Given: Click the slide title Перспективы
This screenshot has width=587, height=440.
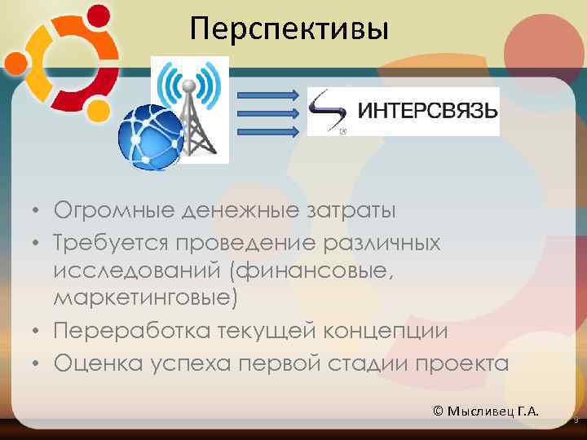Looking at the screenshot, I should click(289, 29).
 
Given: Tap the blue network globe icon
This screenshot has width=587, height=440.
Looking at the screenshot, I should click(149, 134).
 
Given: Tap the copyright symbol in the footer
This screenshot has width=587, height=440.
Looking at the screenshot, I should click(439, 410).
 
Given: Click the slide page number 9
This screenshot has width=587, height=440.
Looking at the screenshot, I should click(576, 420).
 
